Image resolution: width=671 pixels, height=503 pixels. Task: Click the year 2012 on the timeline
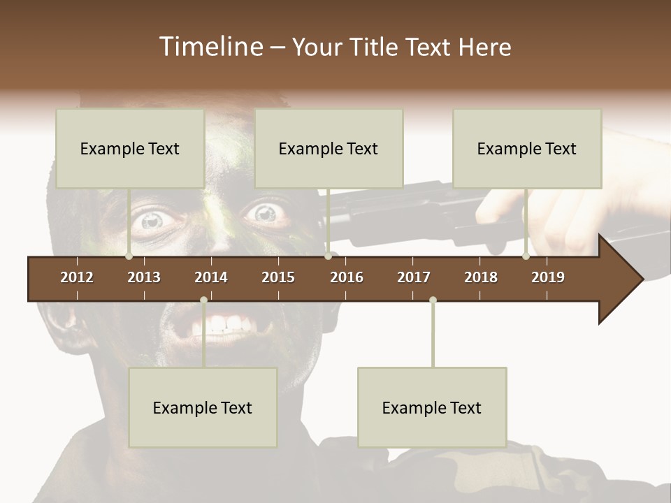tap(77, 277)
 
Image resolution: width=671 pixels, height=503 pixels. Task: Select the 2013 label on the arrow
tap(144, 277)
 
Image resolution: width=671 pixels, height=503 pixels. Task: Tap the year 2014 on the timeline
tap(211, 277)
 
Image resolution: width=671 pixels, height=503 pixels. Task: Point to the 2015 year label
tap(278, 277)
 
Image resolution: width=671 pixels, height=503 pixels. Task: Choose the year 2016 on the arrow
tap(347, 277)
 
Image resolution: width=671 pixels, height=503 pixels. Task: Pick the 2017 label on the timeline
tap(414, 277)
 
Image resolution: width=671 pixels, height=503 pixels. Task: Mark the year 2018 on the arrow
tap(481, 277)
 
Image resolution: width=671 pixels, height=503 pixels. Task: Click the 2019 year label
tap(548, 277)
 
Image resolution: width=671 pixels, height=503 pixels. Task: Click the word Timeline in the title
tap(210, 47)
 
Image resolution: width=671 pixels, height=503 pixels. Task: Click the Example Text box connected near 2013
tap(130, 148)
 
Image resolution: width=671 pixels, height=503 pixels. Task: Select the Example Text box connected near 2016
tap(329, 148)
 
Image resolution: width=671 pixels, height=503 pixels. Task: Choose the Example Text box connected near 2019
tap(527, 148)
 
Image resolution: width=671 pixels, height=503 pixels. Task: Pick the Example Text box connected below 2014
tap(203, 407)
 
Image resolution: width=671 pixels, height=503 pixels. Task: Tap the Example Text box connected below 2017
tap(432, 407)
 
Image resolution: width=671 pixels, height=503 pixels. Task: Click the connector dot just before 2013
tap(129, 256)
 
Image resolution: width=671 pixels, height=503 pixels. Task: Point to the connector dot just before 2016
tap(329, 256)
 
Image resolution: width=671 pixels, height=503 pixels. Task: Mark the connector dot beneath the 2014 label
tap(203, 300)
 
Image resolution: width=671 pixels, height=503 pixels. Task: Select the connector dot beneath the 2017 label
tap(433, 300)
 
